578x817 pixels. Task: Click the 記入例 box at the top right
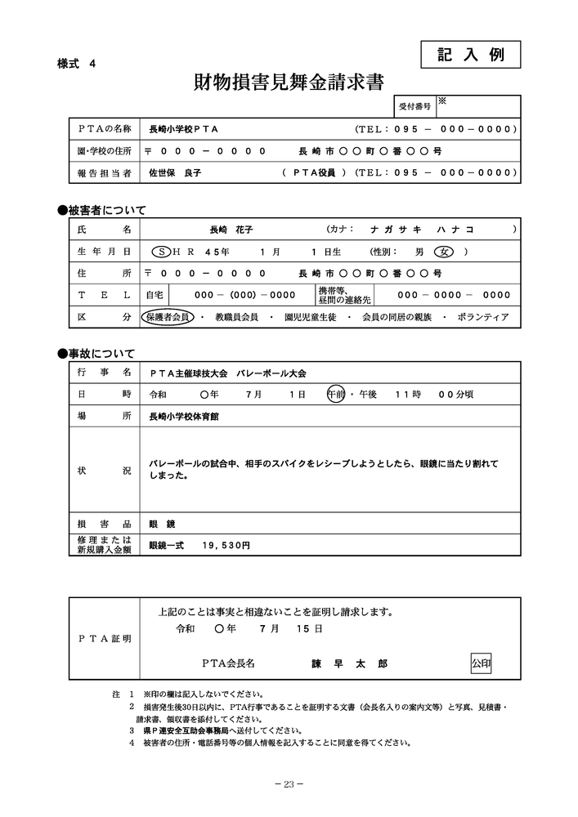click(x=471, y=55)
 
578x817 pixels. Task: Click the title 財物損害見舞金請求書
click(x=289, y=83)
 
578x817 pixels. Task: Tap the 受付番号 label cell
click(x=414, y=107)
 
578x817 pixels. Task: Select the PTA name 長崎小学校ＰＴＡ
click(x=183, y=129)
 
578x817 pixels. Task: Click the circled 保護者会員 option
click(x=167, y=316)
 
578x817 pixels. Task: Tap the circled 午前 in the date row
click(x=336, y=394)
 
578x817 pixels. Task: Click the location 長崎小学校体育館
click(x=184, y=416)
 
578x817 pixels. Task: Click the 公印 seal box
click(x=481, y=663)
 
